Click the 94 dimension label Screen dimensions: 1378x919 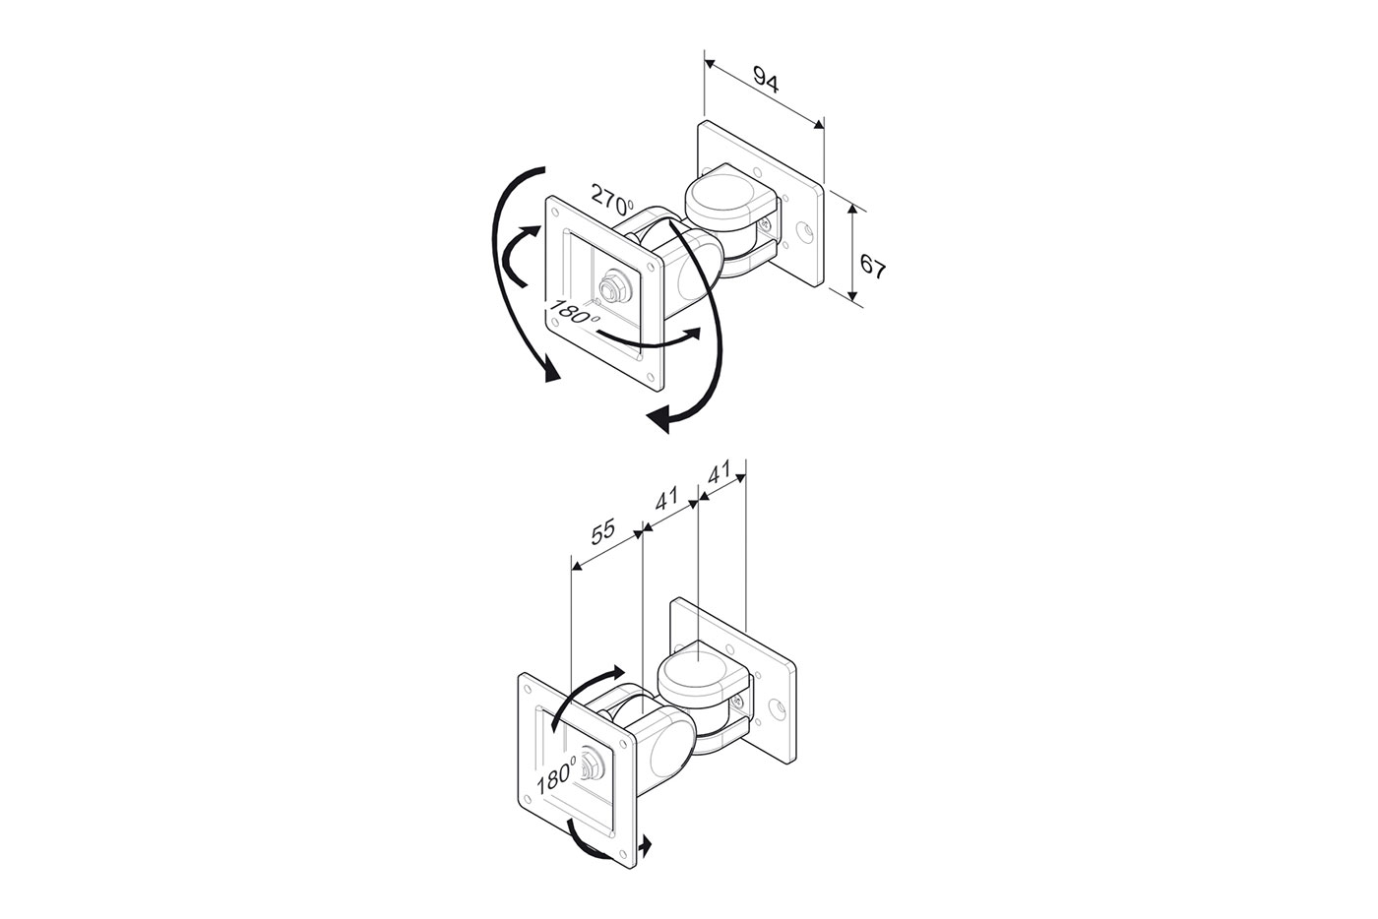(766, 81)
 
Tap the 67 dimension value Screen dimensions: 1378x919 (872, 267)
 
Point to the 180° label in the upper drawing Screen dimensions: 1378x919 (574, 312)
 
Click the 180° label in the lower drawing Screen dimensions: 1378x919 (557, 775)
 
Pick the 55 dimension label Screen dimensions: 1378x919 (602, 531)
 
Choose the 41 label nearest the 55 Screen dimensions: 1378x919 (666, 499)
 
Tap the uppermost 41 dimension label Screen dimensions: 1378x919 (720, 472)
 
